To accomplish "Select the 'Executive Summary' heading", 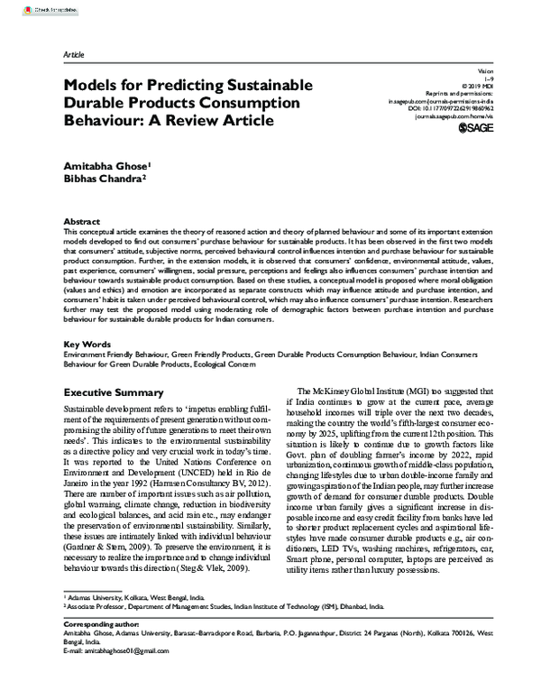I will point(114,392).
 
